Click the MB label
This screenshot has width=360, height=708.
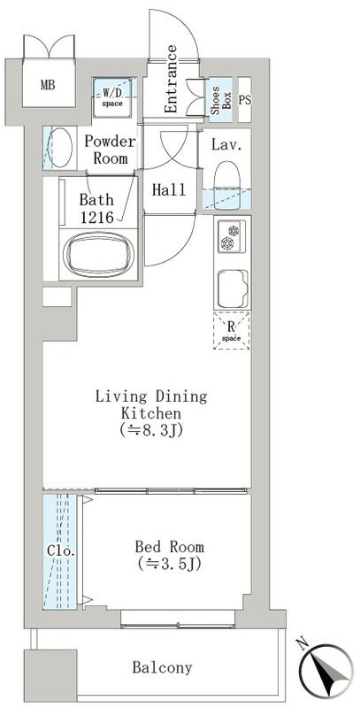click(x=48, y=85)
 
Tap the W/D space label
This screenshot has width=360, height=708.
click(x=112, y=97)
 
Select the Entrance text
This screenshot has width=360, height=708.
click(x=171, y=79)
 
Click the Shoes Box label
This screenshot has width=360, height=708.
click(x=220, y=99)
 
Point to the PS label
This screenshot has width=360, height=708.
click(x=244, y=101)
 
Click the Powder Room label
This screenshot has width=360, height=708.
click(x=110, y=150)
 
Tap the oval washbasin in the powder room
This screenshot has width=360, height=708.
click(x=60, y=148)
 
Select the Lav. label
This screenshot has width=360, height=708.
click(x=226, y=145)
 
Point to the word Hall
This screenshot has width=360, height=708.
click(x=169, y=189)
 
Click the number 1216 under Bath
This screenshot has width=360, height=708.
click(x=96, y=218)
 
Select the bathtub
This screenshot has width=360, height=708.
click(x=98, y=254)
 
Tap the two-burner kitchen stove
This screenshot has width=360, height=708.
click(x=232, y=237)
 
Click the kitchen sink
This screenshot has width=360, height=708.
click(x=233, y=289)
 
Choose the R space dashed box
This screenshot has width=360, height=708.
click(x=232, y=330)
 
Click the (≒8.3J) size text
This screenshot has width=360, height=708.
click(x=151, y=430)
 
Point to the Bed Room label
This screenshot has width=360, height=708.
click(x=170, y=547)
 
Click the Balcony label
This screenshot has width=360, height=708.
click(x=162, y=667)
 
